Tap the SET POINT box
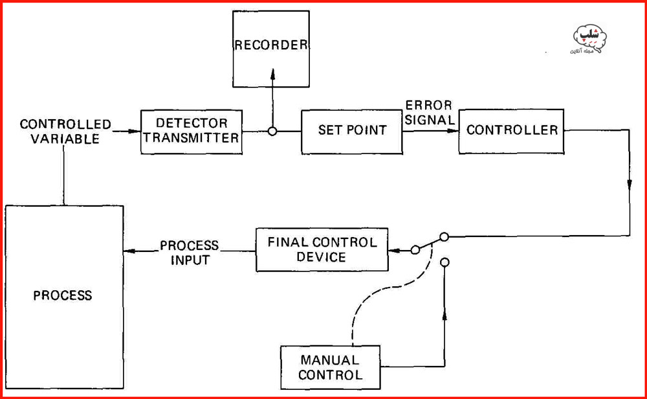351,130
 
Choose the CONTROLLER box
511,130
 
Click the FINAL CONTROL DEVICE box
322,249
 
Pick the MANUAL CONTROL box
329,367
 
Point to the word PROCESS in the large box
63,295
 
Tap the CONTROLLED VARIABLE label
65,131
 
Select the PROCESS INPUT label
190,253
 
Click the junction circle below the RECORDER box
272,131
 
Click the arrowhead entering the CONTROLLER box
453,131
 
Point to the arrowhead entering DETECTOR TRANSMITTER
136,131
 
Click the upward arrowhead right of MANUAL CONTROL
444,315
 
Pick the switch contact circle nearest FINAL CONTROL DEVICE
415,249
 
